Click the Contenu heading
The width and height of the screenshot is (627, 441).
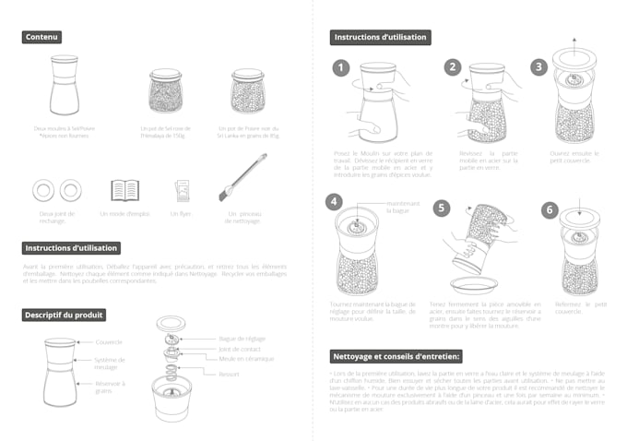(x=42, y=37)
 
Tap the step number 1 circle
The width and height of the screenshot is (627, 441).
(x=341, y=68)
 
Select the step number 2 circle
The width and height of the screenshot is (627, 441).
(x=452, y=67)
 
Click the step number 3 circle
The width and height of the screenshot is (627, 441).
(x=539, y=67)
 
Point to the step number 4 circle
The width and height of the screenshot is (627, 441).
(x=334, y=201)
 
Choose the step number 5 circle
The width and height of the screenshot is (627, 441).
(x=443, y=209)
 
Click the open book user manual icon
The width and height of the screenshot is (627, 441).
(x=124, y=190)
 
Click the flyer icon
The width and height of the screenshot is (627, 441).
(x=182, y=190)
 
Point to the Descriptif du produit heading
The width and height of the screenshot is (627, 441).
(x=65, y=315)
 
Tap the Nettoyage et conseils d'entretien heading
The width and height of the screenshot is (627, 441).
(x=396, y=356)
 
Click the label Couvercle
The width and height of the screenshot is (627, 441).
(x=109, y=341)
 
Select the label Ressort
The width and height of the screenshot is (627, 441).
(x=229, y=374)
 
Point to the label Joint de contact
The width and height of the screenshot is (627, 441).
(x=237, y=350)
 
